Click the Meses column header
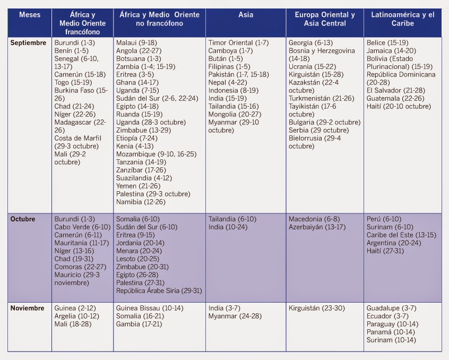point(30,15)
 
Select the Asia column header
point(245,15)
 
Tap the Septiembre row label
point(28,42)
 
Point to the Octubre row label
point(22,219)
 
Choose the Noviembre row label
point(27,307)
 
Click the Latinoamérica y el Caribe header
point(402,19)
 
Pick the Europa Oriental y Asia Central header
point(325,19)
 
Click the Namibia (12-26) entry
point(141,202)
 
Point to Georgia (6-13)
point(310,42)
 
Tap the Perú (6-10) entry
point(384,219)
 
